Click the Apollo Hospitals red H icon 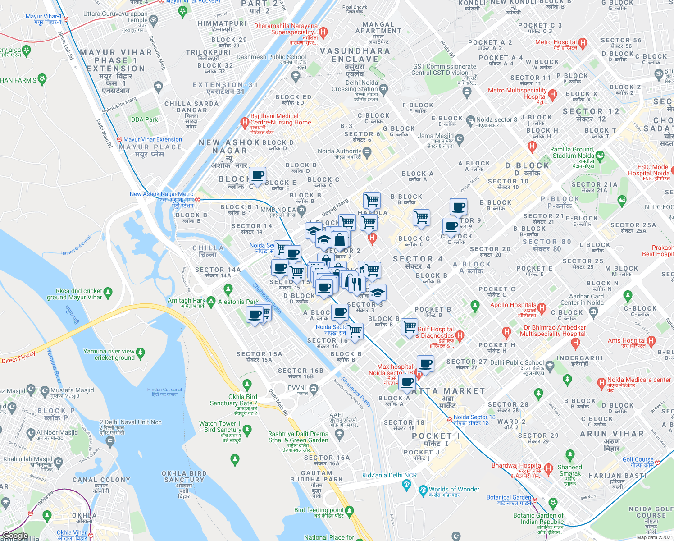(542, 309)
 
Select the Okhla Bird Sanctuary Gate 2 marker (246, 385)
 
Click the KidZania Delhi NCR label (389, 475)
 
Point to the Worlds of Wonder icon (423, 490)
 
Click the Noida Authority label (339, 151)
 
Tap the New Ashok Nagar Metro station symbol (197, 199)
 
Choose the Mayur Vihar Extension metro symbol (120, 139)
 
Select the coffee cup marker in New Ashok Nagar (257, 175)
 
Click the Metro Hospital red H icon (583, 44)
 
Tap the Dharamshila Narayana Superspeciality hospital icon (323, 32)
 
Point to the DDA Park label (144, 119)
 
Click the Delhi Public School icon (549, 365)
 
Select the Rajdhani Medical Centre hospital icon (245, 121)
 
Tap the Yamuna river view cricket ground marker (141, 353)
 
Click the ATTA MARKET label (448, 391)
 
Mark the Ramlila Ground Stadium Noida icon (600, 156)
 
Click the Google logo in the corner (15, 536)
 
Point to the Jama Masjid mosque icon (459, 139)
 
